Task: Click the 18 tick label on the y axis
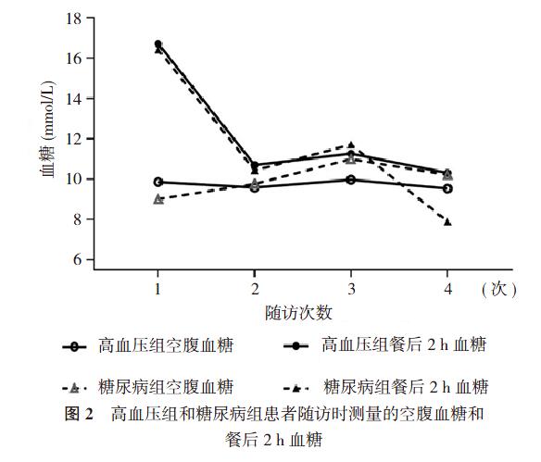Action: [x=73, y=19]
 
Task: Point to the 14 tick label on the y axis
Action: [x=73, y=99]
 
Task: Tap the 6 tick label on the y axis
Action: [x=77, y=259]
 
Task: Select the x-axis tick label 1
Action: [x=157, y=289]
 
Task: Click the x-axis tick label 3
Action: [x=351, y=289]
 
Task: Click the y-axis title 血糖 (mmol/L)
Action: [x=47, y=130]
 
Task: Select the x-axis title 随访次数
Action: [x=298, y=313]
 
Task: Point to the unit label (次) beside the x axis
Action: [x=499, y=289]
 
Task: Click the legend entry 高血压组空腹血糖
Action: [x=148, y=345]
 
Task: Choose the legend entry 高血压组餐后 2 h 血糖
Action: [x=385, y=344]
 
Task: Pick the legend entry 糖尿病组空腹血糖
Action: [x=148, y=387]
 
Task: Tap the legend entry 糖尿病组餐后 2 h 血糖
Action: [x=385, y=387]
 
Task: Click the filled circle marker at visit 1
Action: [x=158, y=44]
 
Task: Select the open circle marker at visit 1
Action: [x=158, y=182]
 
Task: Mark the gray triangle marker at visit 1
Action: [x=158, y=199]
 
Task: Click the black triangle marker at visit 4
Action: [x=447, y=221]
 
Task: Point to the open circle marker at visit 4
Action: [x=447, y=189]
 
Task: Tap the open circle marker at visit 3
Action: [x=351, y=180]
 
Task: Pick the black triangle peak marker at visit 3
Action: [x=351, y=144]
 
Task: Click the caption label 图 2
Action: [x=79, y=413]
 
